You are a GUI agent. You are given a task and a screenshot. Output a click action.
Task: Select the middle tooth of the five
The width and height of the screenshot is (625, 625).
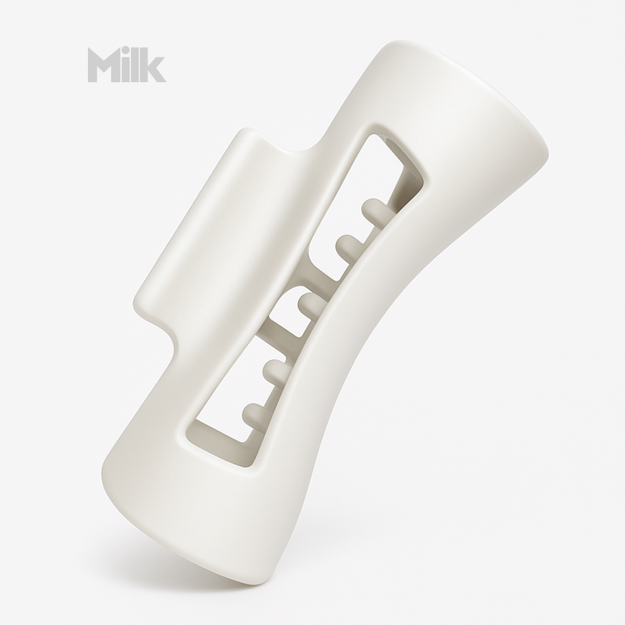pos(309,303)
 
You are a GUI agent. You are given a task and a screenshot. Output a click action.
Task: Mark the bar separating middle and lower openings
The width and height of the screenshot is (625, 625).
pos(272,341)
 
